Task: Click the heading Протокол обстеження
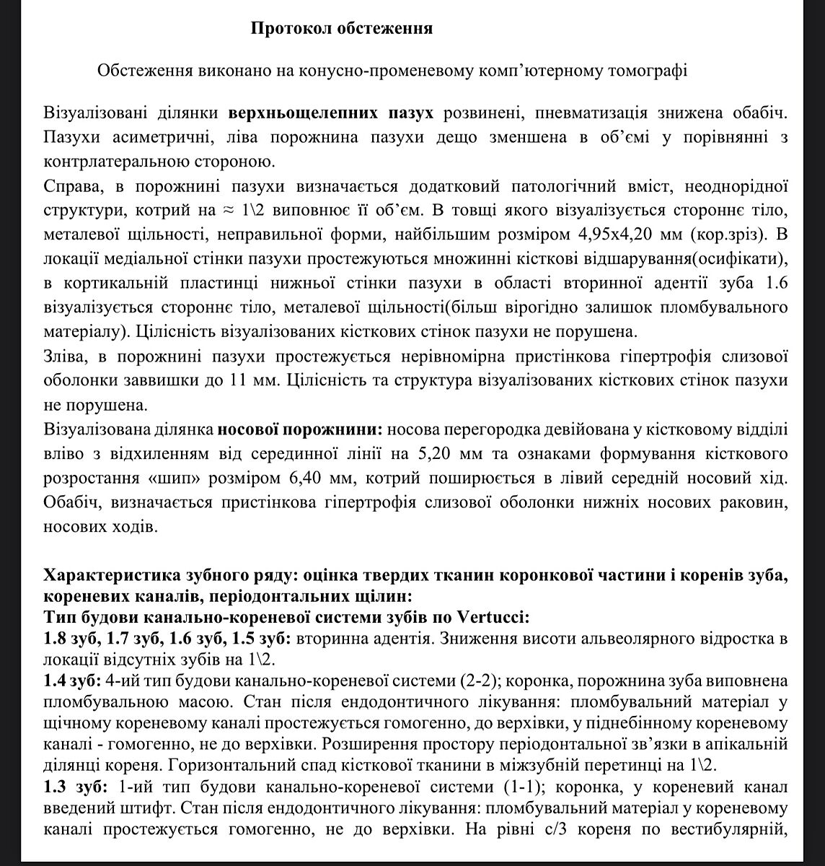pyautogui.click(x=342, y=29)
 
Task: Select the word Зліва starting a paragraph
pyautogui.click(x=63, y=357)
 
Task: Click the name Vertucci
pyautogui.click(x=491, y=618)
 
